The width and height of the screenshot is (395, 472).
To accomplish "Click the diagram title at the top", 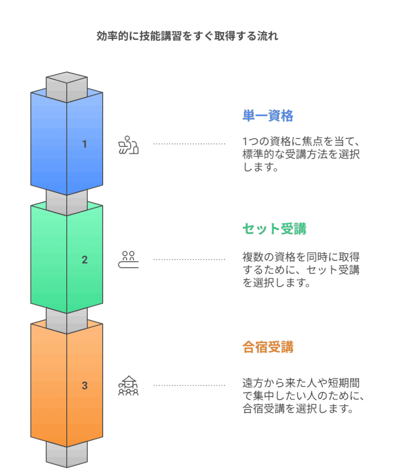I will (187, 36).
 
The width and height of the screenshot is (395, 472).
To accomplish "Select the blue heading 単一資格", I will (268, 116).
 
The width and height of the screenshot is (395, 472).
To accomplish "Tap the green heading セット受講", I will (274, 229).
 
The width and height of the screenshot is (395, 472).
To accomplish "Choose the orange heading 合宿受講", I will (268, 347).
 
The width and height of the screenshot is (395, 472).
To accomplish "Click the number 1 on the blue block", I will (84, 144).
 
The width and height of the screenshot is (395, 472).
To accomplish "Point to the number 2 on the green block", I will (84, 260).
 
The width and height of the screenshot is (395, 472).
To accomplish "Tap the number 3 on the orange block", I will (84, 385).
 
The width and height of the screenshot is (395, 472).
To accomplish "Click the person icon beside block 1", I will (128, 145).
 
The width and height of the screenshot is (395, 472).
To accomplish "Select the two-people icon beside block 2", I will (128, 260).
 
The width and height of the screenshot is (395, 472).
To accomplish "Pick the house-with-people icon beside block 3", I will (128, 385).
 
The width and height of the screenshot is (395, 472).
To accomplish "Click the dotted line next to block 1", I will (189, 144).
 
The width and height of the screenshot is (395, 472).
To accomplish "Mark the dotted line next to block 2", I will (189, 260).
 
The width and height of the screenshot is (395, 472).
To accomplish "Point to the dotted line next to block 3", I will (189, 385).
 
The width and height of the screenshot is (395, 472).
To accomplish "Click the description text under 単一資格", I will (301, 154).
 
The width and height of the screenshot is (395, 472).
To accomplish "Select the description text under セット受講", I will (301, 270).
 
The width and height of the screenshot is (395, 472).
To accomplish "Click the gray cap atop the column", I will (67, 84).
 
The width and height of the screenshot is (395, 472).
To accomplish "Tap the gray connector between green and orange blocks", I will (67, 320).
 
